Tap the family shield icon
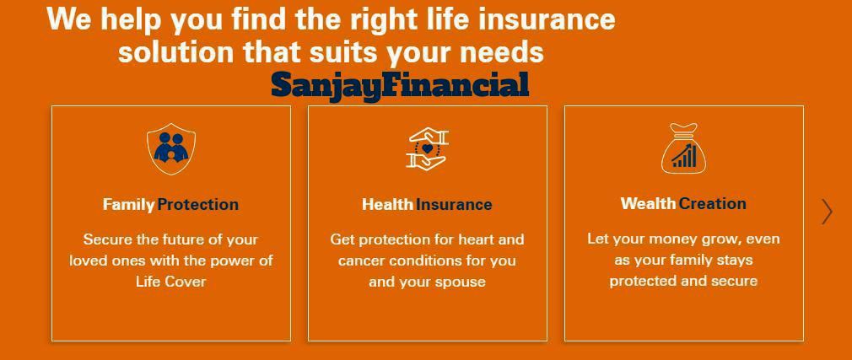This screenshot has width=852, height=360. coord(171,148)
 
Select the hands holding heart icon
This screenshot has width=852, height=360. coord(427,148)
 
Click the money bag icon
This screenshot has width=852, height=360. coord(683,148)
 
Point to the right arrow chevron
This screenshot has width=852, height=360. coord(827,212)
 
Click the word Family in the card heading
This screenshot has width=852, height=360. coord(129,205)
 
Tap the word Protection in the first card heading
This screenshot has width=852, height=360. coord(197,205)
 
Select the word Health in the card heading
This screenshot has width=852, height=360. coord(387,205)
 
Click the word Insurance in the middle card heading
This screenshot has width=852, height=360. coord(454,205)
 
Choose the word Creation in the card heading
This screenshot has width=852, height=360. coord(712,204)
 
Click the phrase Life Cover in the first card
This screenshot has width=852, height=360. coord(171,282)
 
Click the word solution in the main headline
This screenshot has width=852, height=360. coord(176,52)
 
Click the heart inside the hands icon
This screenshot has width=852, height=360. coord(427,148)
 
